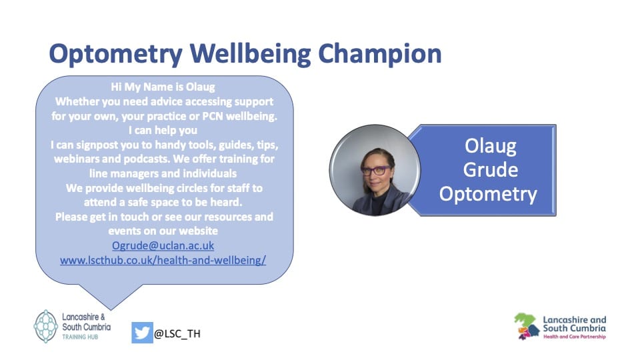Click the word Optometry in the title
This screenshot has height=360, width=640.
tap(116, 55)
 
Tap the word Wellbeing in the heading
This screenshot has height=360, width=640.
tap(250, 54)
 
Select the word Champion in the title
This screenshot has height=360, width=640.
tap(379, 55)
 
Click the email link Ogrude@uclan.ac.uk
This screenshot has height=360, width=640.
tap(163, 245)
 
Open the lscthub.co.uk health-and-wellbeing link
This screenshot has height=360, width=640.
tap(163, 260)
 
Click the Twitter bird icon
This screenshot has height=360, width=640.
tap(142, 333)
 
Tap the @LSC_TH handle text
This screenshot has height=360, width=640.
tap(177, 333)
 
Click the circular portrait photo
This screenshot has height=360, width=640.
tap(375, 170)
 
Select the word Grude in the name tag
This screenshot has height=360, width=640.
tap(490, 170)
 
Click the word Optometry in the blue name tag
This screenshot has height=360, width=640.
tap(488, 194)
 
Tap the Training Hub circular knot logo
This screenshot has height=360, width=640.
tap(46, 326)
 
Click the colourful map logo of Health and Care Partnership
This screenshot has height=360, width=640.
tap(527, 326)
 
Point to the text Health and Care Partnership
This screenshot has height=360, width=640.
tap(575, 337)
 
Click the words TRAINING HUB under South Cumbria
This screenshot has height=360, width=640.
tap(80, 337)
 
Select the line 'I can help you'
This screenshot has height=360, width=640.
tap(163, 130)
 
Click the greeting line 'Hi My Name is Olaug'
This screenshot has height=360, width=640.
tap(163, 87)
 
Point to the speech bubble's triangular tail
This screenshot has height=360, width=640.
tap(110, 295)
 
